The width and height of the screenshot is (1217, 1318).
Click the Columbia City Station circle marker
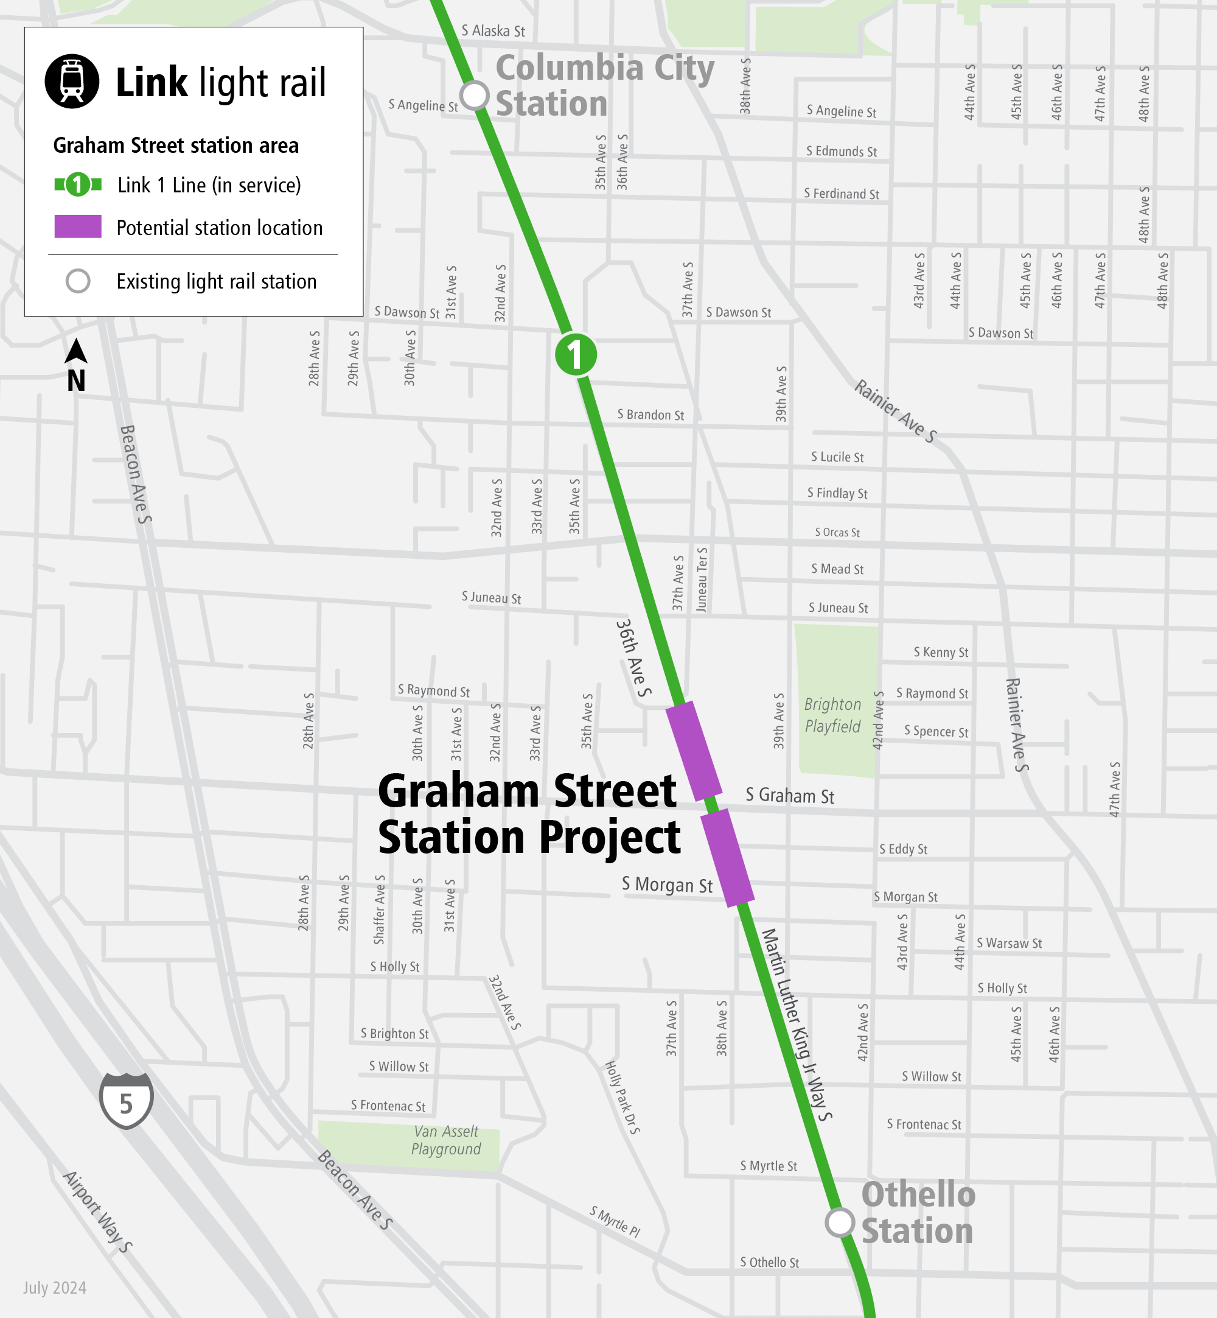click(474, 96)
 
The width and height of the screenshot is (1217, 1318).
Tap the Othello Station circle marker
click(840, 1222)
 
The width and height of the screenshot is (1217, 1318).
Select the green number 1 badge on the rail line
click(576, 354)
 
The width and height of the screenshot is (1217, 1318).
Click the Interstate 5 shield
click(126, 1100)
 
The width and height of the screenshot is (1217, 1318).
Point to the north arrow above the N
click(77, 351)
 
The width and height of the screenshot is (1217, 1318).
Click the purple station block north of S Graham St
click(694, 751)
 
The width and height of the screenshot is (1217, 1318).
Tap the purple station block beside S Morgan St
click(727, 858)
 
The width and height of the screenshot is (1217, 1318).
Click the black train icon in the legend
click(72, 81)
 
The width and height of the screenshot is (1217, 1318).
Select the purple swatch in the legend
click(78, 226)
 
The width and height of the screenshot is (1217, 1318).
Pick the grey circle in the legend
click(78, 281)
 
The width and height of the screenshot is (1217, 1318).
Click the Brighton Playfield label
click(832, 715)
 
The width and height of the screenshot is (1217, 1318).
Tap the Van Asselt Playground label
click(446, 1140)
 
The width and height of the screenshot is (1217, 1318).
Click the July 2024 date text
click(55, 1288)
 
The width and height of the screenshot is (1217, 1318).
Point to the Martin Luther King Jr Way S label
click(797, 1024)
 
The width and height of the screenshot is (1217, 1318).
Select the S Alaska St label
click(493, 31)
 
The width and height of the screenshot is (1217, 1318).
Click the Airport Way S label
click(98, 1211)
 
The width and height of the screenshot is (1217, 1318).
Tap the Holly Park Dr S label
click(622, 1098)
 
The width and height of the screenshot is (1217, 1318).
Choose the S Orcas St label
click(837, 532)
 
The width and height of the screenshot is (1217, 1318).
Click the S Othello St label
click(769, 1262)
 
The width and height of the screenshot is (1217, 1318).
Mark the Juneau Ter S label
click(702, 580)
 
